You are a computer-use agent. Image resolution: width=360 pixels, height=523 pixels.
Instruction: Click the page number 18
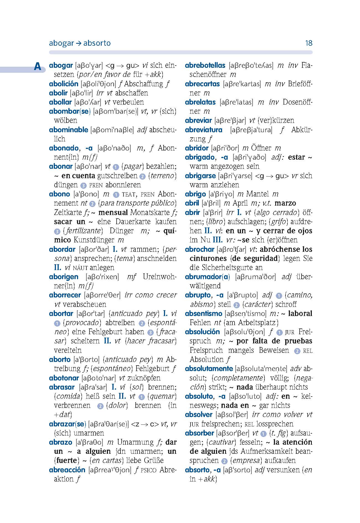[x=308, y=43]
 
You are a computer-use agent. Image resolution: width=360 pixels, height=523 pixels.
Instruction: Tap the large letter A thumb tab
[x=37, y=67]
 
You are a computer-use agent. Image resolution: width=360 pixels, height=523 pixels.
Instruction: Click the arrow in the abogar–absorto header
[x=78, y=43]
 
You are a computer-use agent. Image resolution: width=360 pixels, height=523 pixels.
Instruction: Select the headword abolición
[x=63, y=84]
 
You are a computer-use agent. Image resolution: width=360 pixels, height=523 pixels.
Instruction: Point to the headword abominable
[x=68, y=130]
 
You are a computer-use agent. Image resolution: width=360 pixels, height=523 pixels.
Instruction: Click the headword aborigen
[x=63, y=277]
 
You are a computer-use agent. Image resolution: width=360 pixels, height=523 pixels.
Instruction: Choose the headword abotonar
[x=64, y=378]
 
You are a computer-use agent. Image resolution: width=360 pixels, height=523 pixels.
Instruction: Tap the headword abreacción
[x=67, y=470]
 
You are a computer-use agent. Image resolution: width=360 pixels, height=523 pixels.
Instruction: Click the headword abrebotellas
[x=205, y=66]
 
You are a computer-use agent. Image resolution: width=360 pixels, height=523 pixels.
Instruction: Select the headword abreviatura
[x=204, y=130]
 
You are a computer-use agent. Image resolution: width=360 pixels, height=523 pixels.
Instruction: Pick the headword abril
[x=192, y=203]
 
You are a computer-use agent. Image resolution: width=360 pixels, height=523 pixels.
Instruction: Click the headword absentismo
[x=204, y=314]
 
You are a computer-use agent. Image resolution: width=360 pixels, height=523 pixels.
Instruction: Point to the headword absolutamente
[x=209, y=369]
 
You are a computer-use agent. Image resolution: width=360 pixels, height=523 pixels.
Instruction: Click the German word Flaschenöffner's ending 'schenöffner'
[x=208, y=75]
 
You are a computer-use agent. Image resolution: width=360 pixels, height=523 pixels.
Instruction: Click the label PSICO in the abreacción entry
[x=149, y=470]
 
